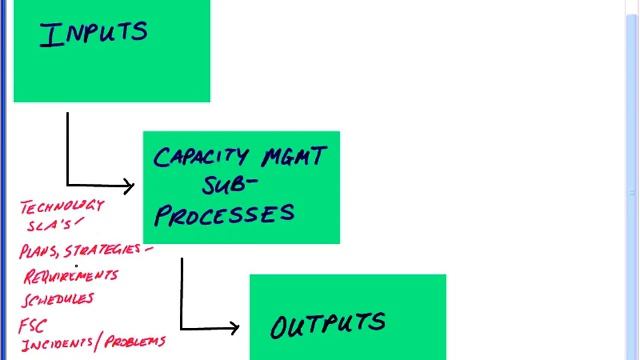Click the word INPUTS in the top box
click(93, 33)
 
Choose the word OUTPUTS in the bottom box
click(327, 324)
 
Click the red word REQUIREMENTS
click(70, 275)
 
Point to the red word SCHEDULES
click(59, 298)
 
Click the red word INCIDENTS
click(56, 343)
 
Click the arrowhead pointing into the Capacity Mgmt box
click(128, 185)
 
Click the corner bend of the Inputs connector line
click(68, 184)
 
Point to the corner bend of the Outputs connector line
click(181, 327)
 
